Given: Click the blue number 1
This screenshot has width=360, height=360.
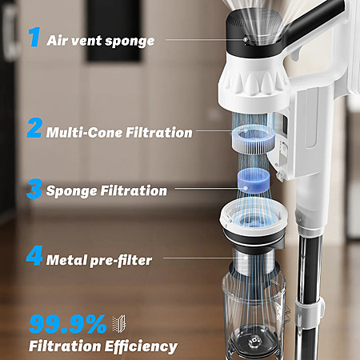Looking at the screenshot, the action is [x=34, y=38].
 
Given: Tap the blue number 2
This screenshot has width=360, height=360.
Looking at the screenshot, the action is [x=34, y=128].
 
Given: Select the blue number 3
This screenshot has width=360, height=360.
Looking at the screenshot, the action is [x=34, y=189].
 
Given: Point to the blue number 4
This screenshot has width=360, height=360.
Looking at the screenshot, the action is [x=34, y=255].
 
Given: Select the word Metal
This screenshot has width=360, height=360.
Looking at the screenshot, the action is [x=66, y=260].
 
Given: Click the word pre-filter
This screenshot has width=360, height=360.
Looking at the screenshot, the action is [x=121, y=261].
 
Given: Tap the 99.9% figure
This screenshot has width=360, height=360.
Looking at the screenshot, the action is [x=67, y=324].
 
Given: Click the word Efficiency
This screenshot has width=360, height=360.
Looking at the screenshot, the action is [x=141, y=346].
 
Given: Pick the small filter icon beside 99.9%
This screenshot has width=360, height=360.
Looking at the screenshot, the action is [x=118, y=323].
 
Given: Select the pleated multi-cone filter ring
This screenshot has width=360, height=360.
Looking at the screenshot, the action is [x=252, y=140].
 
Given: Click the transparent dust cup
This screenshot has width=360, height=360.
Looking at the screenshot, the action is [x=254, y=318].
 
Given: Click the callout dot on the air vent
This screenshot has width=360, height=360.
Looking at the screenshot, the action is [x=245, y=39].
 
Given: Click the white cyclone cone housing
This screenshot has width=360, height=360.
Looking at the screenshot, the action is [x=254, y=80].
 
